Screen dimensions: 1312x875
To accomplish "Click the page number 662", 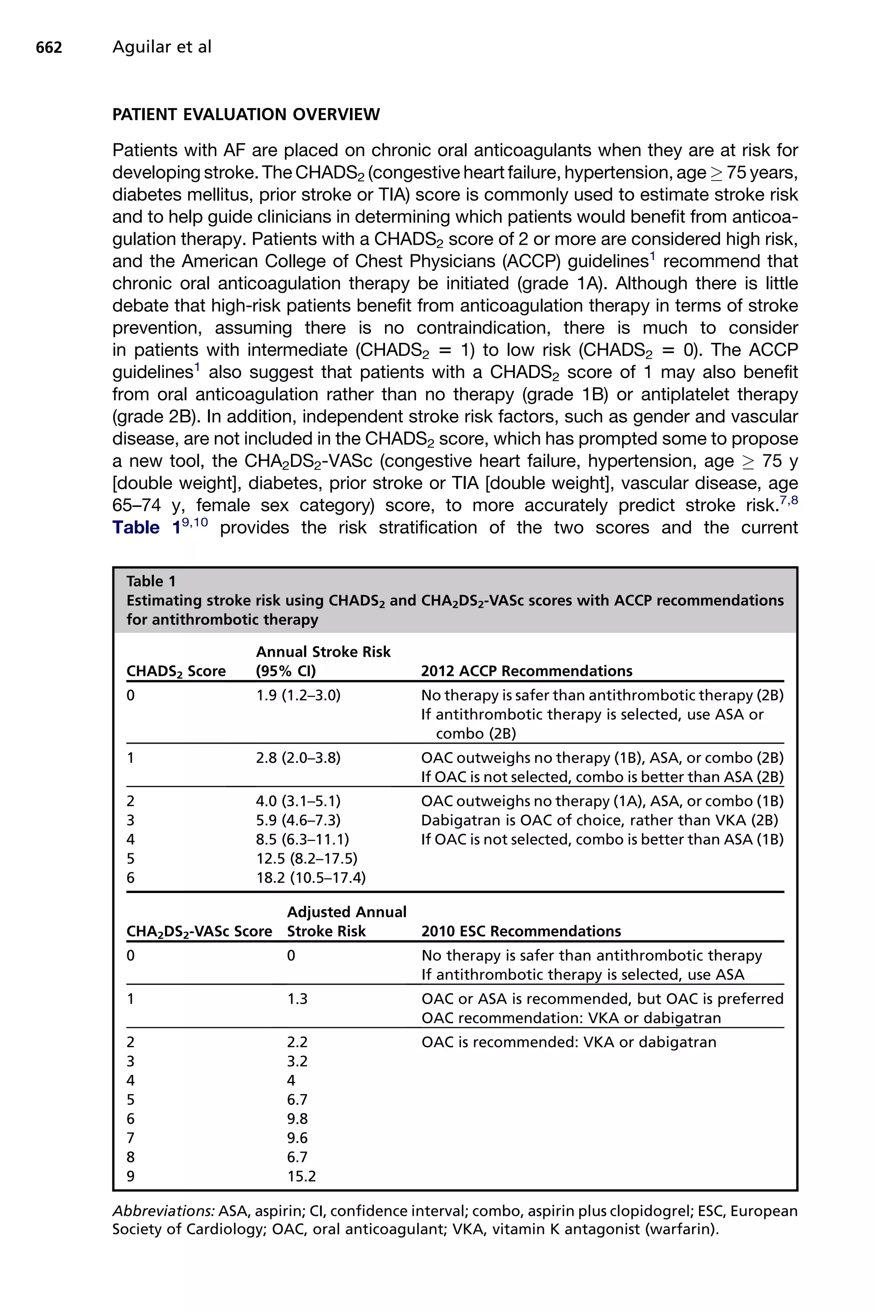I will coord(49,47).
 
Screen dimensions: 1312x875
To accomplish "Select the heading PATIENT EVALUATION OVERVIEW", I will coord(246,114).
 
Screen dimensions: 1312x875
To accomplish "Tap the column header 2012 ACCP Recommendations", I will coord(526,671).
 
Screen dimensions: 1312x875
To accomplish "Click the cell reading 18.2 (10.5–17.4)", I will coord(311,878).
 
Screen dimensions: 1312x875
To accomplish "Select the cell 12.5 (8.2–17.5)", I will coord(307,858).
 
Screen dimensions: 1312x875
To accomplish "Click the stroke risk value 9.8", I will coord(297,1119).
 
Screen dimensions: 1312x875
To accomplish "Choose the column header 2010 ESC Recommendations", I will coord(521,931).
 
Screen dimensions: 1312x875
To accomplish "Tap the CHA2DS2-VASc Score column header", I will coord(199,931).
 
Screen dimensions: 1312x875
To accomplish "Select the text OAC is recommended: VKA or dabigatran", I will coord(568,1042).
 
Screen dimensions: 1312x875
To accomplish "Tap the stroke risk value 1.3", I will coord(297,999).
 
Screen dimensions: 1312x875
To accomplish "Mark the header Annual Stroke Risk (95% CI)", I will coord(323,661).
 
